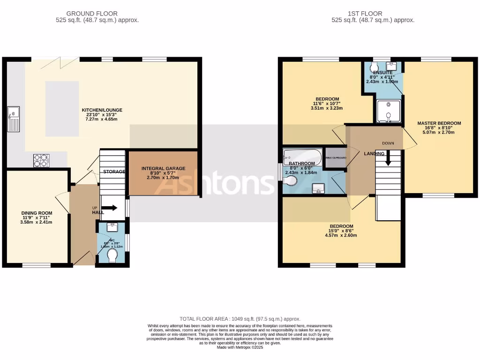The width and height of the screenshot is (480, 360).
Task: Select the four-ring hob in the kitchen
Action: click(41, 160)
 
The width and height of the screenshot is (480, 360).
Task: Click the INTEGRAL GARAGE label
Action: click(163, 168)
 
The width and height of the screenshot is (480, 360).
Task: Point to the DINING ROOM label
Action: click(36, 213)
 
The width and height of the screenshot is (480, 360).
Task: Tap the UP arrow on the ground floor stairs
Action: click(112, 208)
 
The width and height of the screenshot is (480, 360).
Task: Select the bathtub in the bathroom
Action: click(302, 156)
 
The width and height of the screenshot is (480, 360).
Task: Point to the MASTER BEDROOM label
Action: click(439, 123)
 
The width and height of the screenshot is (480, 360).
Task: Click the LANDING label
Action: click(374, 154)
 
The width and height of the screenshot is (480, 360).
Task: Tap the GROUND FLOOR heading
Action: click(92, 14)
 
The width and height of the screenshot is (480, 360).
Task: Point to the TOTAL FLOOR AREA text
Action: click(240, 319)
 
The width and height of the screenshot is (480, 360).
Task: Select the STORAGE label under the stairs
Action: click(114, 172)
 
